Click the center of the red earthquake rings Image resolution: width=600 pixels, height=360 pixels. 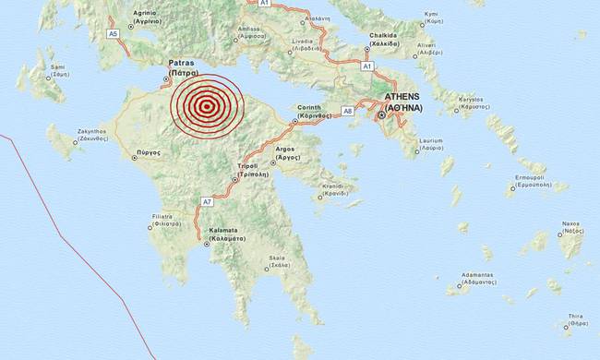[208, 106]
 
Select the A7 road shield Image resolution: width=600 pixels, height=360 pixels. [207, 200]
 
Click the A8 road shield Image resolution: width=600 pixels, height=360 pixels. [348, 110]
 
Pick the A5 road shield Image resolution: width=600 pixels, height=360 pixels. [114, 33]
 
